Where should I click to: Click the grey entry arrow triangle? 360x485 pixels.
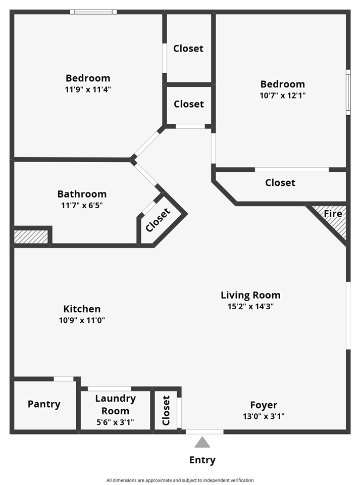pos(202,443)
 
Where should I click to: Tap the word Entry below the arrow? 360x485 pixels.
pos(202,460)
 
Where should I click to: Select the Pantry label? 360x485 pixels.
pos(44,404)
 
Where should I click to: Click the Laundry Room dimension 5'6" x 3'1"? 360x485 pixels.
pos(116,422)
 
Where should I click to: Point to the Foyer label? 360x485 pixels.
pos(264,405)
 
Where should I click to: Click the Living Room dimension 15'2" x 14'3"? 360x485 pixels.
pos(250,306)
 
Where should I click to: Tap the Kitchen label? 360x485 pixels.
pos(82,309)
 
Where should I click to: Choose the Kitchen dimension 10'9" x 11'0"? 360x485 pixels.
pos(82,320)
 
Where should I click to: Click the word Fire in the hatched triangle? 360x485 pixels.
pos(333,214)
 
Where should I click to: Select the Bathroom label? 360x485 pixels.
pos(82,194)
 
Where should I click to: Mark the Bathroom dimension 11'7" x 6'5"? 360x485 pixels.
pos(82,205)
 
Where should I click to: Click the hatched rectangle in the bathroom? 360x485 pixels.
pos(31,236)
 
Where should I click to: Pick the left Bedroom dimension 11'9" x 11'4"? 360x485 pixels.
pos(88,89)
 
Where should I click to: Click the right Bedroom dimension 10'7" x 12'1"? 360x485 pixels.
pos(283,95)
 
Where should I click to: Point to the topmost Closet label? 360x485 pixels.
pos(188,48)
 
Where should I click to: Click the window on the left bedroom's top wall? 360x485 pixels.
pos(93,12)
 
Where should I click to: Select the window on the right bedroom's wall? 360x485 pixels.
pos(348,92)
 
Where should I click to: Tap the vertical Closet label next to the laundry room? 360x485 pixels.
pos(166,410)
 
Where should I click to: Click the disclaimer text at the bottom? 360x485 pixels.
pos(180,480)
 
